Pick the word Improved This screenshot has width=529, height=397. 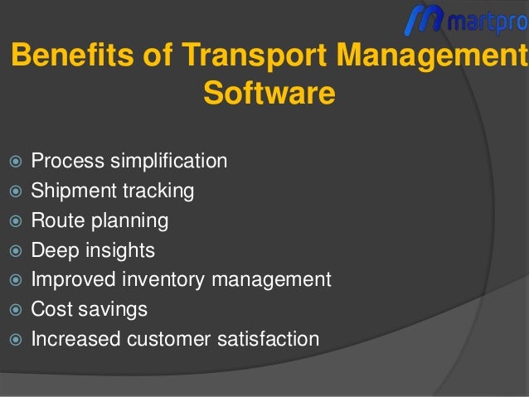click(70, 280)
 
